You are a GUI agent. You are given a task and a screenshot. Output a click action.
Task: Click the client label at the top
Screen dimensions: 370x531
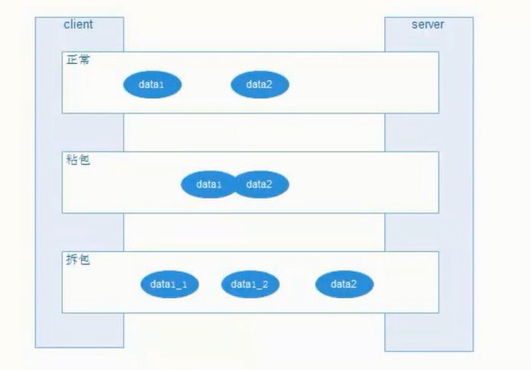click(x=78, y=24)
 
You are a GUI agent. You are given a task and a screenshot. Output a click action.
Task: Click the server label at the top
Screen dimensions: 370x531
click(x=427, y=24)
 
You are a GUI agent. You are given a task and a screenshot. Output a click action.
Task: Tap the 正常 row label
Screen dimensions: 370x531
click(x=78, y=60)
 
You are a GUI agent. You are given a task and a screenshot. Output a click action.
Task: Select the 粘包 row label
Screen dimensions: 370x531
click(x=78, y=160)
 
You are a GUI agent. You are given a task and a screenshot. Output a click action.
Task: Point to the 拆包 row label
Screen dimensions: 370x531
click(x=78, y=259)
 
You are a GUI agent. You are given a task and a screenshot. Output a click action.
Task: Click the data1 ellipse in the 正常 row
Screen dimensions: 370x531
click(x=152, y=85)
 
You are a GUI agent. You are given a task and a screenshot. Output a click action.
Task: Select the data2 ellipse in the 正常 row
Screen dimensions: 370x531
click(x=259, y=85)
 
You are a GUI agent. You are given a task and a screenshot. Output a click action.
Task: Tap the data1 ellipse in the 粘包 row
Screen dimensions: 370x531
click(x=209, y=185)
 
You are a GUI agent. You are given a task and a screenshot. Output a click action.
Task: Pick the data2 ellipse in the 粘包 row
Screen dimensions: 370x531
click(x=261, y=185)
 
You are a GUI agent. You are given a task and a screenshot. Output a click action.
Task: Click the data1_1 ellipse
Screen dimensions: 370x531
click(x=169, y=284)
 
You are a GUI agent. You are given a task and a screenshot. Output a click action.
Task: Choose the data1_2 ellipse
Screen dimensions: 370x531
click(x=250, y=284)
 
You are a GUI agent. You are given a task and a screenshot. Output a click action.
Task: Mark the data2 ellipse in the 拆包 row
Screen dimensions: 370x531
click(x=344, y=284)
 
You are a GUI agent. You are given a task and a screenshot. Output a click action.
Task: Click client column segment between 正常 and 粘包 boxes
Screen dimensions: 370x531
click(x=79, y=132)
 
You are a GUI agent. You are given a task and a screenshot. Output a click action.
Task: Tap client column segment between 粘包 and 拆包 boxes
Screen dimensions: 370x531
click(x=79, y=232)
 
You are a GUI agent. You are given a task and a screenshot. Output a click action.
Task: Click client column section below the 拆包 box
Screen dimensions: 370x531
click(x=79, y=329)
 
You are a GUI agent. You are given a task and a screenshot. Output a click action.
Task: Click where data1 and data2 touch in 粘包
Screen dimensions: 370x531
click(x=235, y=185)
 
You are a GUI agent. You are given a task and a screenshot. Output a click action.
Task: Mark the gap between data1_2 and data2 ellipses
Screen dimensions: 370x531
click(x=297, y=284)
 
